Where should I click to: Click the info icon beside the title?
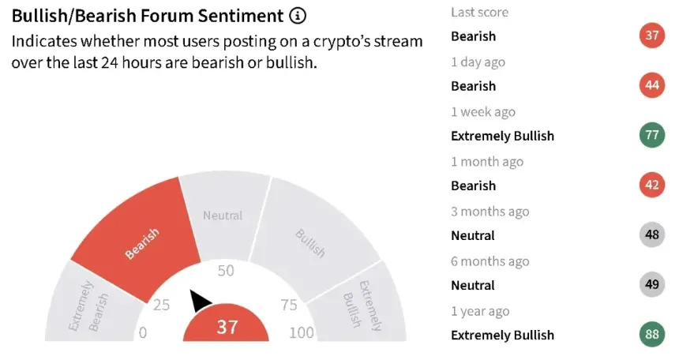pos(298,16)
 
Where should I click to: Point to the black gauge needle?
pos(200,300)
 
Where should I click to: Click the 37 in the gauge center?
pos(227,327)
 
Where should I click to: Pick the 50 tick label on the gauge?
pos(226,271)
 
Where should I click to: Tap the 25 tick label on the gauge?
pos(162,305)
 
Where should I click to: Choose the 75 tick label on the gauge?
pos(289,305)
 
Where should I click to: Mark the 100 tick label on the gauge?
pos(302,332)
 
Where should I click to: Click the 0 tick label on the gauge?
pos(143,332)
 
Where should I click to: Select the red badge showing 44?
pos(652,85)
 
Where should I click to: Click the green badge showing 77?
pos(652,135)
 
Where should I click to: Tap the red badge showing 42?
pos(652,185)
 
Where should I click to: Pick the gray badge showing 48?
pos(652,234)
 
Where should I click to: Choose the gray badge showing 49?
pos(652,284)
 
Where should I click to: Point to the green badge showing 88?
pos(652,334)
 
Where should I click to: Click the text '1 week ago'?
pos(483,112)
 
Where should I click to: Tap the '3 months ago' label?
pos(490,212)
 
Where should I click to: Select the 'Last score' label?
pos(480,12)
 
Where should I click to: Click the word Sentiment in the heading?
pos(241,16)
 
